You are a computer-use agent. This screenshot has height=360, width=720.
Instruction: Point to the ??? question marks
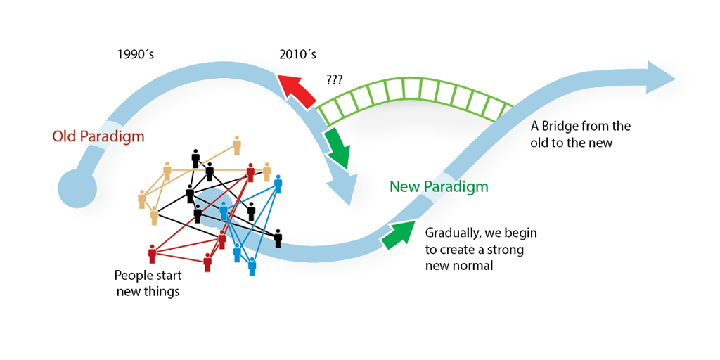pyautogui.click(x=335, y=80)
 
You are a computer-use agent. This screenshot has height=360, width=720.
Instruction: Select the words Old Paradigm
pyautogui.click(x=98, y=136)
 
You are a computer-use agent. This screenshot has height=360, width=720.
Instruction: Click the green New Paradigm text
pyautogui.click(x=438, y=186)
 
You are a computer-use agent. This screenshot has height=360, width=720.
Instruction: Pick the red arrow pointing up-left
pyautogui.click(x=297, y=91)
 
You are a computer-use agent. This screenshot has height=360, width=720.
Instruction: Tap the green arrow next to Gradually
pyautogui.click(x=397, y=233)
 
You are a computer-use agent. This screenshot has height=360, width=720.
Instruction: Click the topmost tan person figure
pyautogui.click(x=237, y=144)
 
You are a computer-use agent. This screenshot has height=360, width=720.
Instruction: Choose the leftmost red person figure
pyautogui.click(x=152, y=254)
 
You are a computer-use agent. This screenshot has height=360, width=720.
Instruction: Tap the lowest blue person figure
pyautogui.click(x=252, y=266)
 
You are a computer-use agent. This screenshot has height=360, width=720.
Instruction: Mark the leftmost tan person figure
pyautogui.click(x=142, y=199)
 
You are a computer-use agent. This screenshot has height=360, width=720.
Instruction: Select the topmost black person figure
pyautogui.click(x=195, y=158)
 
